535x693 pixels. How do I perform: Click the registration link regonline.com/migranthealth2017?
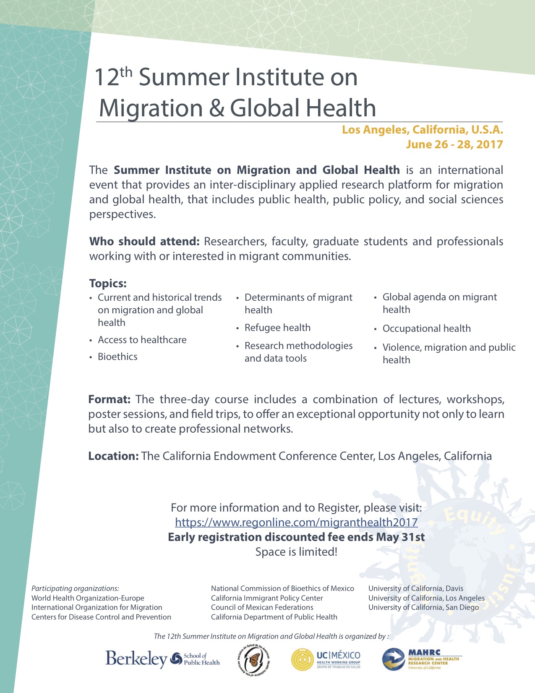(296, 522)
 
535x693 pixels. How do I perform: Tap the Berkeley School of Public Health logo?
(162, 659)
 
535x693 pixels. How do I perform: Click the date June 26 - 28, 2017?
(454, 144)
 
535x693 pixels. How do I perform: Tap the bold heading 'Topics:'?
(108, 283)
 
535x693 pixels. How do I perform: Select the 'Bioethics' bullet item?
(117, 357)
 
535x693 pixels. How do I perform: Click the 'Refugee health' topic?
(277, 328)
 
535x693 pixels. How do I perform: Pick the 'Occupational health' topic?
(426, 328)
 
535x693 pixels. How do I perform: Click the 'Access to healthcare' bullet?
(142, 340)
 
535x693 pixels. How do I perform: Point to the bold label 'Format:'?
(110, 399)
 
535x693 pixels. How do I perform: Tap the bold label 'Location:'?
(113, 456)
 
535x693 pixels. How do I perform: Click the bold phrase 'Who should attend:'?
(144, 241)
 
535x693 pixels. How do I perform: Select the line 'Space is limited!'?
(296, 552)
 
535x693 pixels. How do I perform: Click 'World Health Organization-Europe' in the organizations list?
(88, 598)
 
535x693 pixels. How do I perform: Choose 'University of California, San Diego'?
(423, 607)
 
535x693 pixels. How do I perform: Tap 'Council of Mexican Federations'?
(262, 607)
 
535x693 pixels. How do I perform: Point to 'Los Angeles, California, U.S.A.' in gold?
(422, 130)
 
